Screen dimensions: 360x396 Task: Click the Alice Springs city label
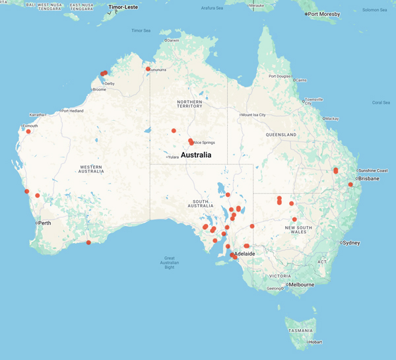point(205,143)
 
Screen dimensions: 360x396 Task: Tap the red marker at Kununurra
point(148,69)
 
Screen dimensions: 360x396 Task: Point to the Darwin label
point(174,40)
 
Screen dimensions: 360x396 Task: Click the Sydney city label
point(352,243)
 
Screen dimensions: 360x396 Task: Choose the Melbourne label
point(301,285)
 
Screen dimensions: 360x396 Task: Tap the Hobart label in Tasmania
point(315,342)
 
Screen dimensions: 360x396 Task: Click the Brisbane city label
point(369,178)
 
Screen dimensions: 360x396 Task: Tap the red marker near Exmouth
point(28,131)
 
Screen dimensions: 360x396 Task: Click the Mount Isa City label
point(253,115)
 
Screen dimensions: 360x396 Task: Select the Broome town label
point(100,90)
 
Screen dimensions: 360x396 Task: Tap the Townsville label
point(313,100)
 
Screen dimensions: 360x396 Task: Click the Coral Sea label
point(381,102)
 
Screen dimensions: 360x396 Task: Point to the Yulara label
point(174,157)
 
